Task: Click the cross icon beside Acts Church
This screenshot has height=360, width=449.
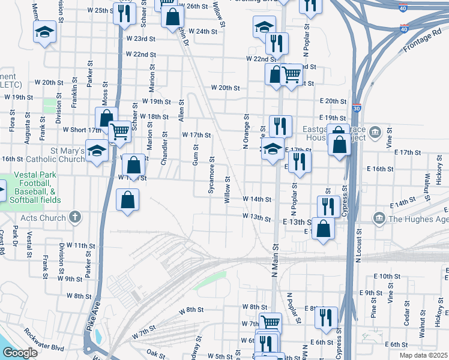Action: (x=74, y=217)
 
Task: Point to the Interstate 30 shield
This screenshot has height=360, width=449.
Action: (x=357, y=109)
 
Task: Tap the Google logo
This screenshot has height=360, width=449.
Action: (x=20, y=353)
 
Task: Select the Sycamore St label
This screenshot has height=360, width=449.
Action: (x=211, y=175)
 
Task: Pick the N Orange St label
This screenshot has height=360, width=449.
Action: (x=246, y=131)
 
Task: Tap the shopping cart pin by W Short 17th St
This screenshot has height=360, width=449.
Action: (x=120, y=130)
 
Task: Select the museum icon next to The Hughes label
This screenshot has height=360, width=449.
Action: (x=379, y=217)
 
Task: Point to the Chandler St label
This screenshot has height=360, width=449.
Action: (x=165, y=150)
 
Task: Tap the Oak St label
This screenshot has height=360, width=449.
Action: (x=155, y=355)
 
